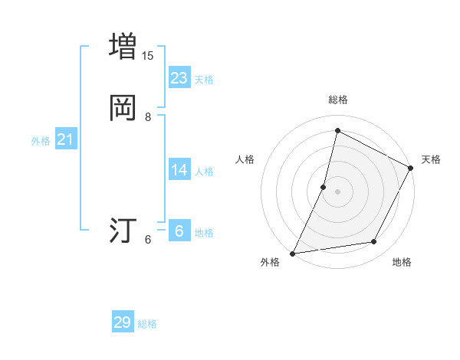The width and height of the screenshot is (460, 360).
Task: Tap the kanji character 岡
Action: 123,107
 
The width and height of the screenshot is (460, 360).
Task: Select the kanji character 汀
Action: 123,230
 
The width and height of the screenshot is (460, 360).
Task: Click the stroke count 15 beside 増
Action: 148,56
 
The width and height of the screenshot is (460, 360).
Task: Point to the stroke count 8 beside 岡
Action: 148,117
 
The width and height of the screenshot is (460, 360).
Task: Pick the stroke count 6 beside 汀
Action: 148,240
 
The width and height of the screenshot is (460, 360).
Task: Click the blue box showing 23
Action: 179,77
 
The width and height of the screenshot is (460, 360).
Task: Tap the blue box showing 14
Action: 179,169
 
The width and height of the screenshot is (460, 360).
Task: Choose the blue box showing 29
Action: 123,322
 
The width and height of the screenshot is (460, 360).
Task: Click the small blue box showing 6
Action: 179,231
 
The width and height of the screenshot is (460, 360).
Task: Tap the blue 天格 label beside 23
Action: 204,80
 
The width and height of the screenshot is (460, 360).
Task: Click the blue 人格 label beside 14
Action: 204,172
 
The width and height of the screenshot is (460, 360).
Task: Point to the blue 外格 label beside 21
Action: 41,141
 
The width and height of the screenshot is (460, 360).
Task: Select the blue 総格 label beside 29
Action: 147,325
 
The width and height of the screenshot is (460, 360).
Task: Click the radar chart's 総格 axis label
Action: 337,100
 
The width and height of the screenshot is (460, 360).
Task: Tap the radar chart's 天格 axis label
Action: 431,159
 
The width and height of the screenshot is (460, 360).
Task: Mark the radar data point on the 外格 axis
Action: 293,253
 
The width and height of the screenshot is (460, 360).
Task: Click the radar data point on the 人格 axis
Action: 324,186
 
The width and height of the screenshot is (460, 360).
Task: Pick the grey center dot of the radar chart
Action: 337,191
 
